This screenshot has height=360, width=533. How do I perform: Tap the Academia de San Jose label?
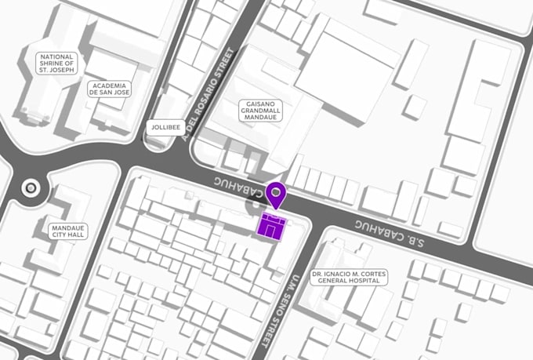(110, 89)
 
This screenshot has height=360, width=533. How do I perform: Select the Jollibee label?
(165, 126)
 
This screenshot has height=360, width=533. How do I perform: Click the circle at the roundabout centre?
(31, 187)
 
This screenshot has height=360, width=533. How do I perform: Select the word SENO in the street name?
(281, 302)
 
